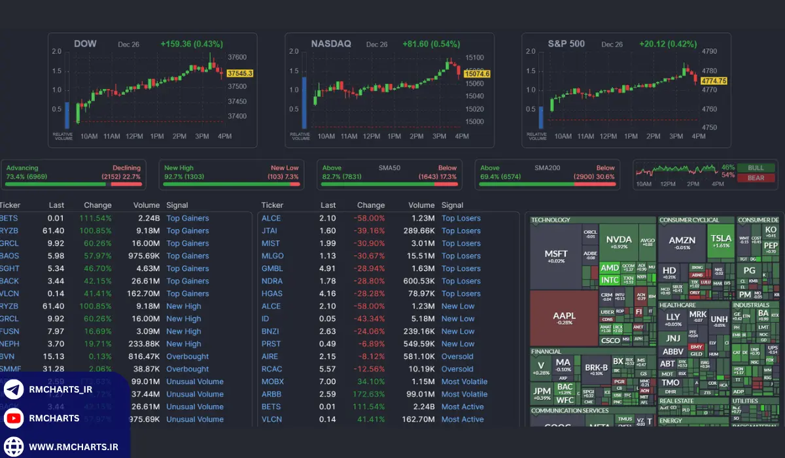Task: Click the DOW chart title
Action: (x=85, y=44)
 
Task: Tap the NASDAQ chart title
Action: (x=331, y=44)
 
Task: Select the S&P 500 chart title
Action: (x=567, y=44)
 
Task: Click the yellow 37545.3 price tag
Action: (x=240, y=73)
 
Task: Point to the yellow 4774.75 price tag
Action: (x=714, y=80)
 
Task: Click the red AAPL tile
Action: (x=564, y=318)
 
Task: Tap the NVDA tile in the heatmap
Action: (x=619, y=243)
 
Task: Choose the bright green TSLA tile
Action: (x=721, y=241)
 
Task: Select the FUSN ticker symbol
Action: (x=9, y=331)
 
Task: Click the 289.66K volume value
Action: (x=419, y=231)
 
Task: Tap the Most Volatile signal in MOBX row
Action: (x=464, y=381)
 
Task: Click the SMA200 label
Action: (x=546, y=168)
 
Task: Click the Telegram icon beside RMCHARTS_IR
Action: (x=13, y=390)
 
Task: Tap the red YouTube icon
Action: (x=13, y=418)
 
